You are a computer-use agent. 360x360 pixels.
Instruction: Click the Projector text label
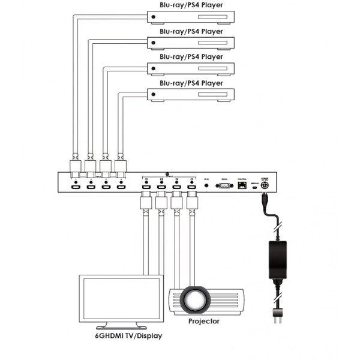pyautogui.click(x=203, y=321)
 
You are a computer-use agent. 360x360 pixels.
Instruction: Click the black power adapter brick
pyautogui.click(x=277, y=256)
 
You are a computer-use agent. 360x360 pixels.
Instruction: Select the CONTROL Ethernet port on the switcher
pyautogui.click(x=242, y=186)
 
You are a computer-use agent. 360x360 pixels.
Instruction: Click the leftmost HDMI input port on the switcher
pyautogui.click(x=76, y=188)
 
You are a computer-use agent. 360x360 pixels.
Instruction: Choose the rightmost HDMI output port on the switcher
pyautogui.click(x=191, y=188)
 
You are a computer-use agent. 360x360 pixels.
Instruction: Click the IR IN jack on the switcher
pyautogui.click(x=207, y=186)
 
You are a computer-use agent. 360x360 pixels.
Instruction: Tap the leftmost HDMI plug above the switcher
pyautogui.click(x=76, y=168)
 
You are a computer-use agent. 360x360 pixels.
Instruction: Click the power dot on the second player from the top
pyautogui.click(x=154, y=43)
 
